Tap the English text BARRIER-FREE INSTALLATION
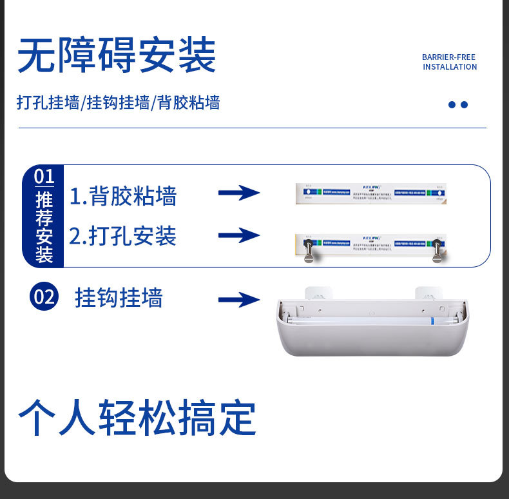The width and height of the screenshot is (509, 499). [449, 62]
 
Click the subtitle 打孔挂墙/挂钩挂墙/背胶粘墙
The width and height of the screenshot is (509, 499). [119, 103]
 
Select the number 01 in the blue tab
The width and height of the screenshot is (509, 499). [44, 176]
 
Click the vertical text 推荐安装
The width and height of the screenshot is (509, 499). [44, 227]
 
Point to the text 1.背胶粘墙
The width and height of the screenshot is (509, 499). [123, 196]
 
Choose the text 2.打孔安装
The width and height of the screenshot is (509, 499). [123, 236]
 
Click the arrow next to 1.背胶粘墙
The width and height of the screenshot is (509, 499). [238, 193]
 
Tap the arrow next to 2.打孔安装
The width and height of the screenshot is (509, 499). [238, 235]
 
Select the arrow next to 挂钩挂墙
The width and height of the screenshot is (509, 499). [238, 299]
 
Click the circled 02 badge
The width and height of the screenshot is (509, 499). [44, 297]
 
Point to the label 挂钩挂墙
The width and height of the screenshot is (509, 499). [119, 298]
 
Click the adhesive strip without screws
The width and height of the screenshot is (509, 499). [370, 193]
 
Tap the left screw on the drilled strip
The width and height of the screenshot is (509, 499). [308, 251]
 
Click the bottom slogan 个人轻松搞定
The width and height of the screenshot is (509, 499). [137, 418]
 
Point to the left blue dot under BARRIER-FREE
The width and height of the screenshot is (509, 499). [452, 104]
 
